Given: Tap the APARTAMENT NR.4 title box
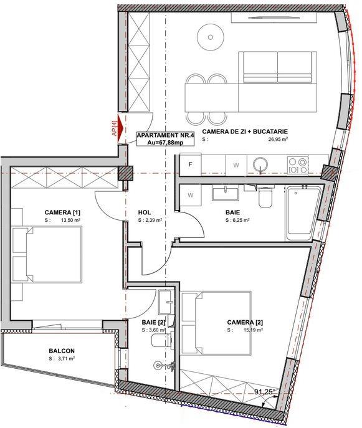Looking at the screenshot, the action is point(165,139).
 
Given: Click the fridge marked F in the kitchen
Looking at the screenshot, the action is point(190,164).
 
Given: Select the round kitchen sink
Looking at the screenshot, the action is point(260,164).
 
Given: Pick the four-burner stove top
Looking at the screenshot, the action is point(298,166).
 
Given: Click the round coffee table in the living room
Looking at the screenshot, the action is point(210,37).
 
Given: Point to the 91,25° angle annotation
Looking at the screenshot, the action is point(265,392).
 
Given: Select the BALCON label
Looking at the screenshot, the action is point(62,351).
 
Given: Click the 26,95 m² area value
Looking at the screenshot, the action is point(278,139).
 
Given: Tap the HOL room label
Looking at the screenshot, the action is point(145,212).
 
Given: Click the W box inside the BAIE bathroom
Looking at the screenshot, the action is point(191,196).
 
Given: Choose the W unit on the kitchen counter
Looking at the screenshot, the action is point(236,165).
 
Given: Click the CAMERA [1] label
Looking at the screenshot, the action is point(62,212).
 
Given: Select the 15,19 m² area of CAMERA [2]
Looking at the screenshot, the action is point(253,330).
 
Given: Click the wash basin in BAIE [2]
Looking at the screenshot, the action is point(165,302).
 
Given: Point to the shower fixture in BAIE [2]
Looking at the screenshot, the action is point(163,365).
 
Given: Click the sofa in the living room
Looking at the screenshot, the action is point(278,67).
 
